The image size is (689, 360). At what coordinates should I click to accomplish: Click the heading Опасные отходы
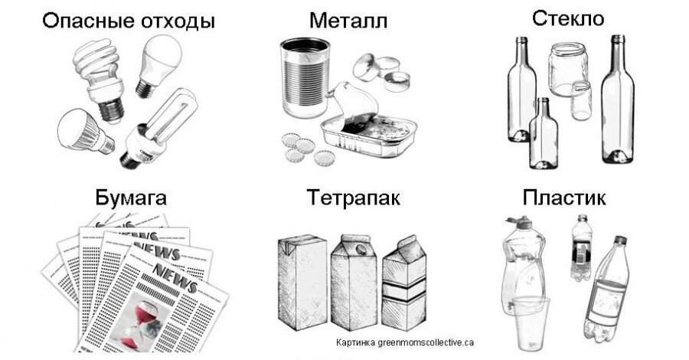(129, 21)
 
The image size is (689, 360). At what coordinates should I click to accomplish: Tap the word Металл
(348, 20)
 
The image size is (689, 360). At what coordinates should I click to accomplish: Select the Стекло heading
(568, 18)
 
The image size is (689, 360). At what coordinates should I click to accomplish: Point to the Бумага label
(131, 198)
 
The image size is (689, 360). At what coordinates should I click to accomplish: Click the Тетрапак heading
(353, 198)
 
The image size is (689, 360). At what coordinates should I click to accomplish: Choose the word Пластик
(563, 198)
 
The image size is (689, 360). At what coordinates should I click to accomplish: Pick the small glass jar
(581, 100)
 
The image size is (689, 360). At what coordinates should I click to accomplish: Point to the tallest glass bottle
(617, 100)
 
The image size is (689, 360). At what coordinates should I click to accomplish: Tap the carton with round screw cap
(354, 282)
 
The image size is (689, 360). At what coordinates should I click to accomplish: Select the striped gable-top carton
(403, 284)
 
